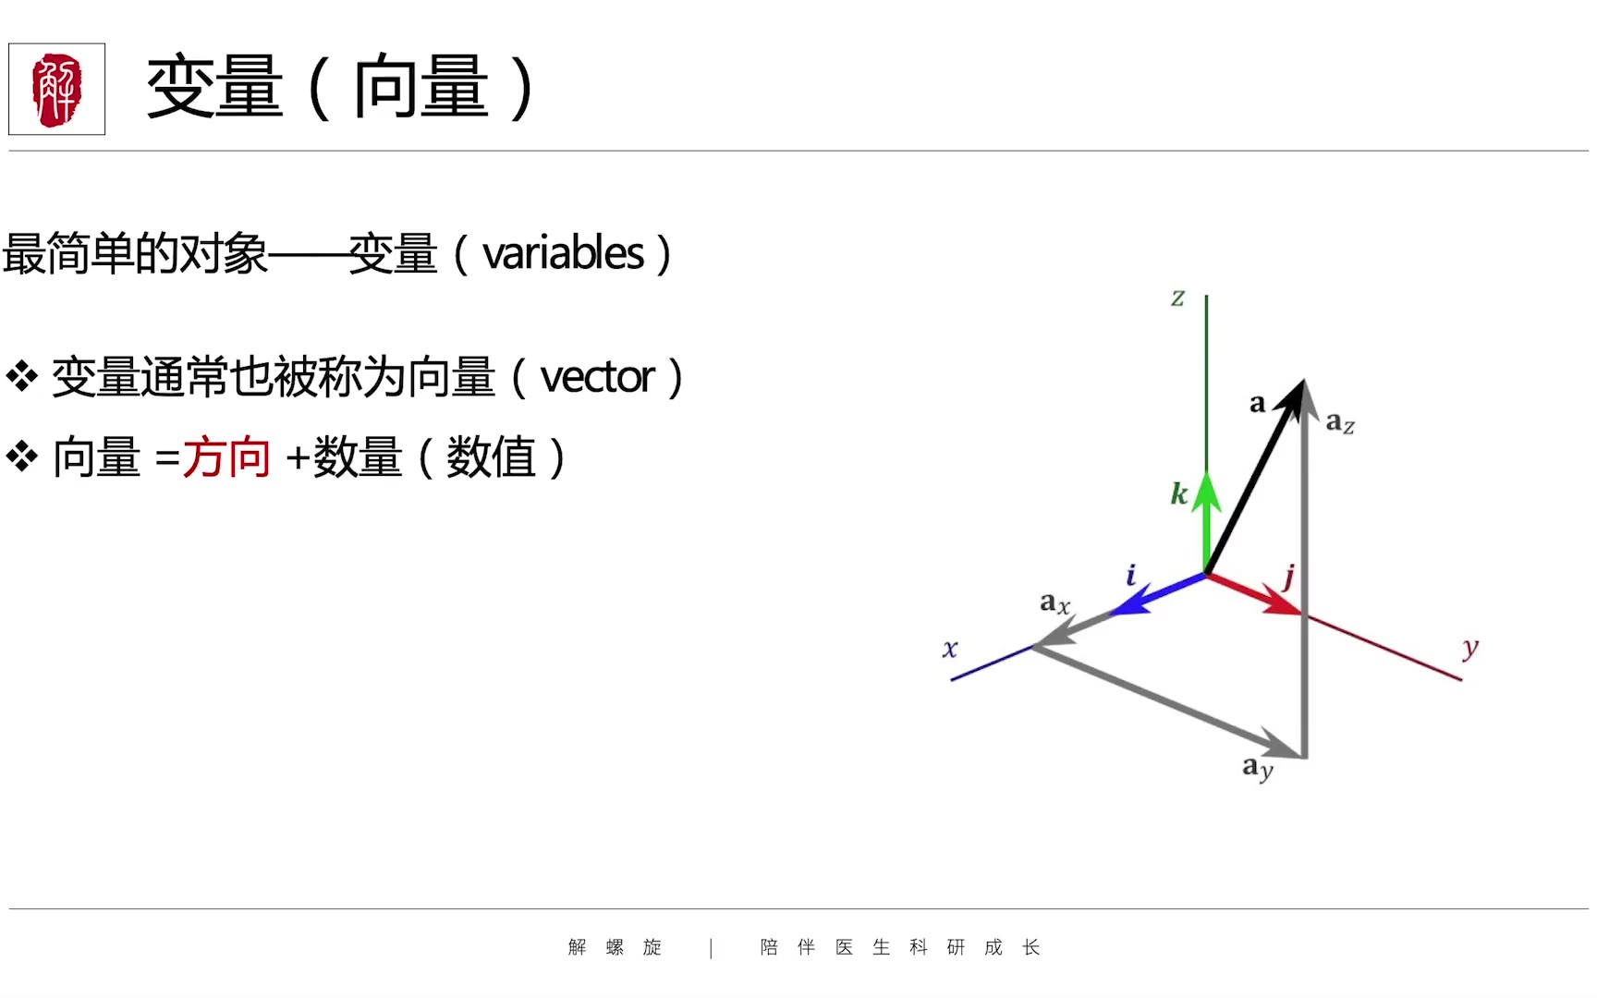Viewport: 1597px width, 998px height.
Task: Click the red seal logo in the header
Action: pos(56,89)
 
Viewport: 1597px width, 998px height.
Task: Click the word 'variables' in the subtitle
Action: pos(563,253)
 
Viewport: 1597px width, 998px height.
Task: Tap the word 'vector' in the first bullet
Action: pos(598,378)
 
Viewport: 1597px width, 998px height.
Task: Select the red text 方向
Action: pos(226,457)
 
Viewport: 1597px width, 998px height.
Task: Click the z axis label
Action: pos(1177,298)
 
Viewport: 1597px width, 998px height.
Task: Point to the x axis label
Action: pos(950,649)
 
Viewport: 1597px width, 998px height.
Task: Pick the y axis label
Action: pos(1470,649)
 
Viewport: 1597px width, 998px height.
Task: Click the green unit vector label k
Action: pos(1178,493)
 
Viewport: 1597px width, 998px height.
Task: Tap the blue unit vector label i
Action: pos(1130,575)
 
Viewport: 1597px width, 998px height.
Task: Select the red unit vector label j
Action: pos(1288,578)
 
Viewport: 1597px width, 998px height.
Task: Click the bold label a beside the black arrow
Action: pos(1257,404)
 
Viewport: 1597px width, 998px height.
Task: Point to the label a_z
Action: pos(1340,423)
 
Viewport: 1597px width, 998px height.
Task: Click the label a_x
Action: pos(1055,603)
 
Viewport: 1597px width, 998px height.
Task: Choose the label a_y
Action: pos(1258,767)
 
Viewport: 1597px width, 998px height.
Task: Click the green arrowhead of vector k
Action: pos(1206,492)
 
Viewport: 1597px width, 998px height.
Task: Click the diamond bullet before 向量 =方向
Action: pos(22,456)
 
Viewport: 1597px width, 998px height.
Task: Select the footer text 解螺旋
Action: pos(615,947)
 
